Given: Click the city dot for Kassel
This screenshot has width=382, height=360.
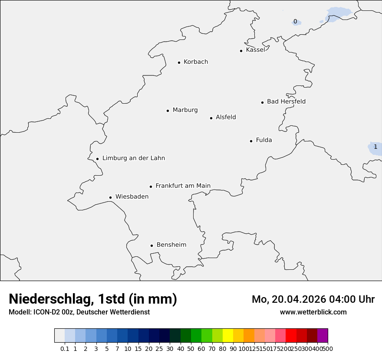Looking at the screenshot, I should (x=241, y=51).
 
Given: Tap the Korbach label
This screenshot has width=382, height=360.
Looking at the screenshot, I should (x=196, y=62).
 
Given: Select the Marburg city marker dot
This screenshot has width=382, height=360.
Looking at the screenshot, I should (x=168, y=111).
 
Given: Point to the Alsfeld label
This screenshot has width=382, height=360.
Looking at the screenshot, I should (x=226, y=117).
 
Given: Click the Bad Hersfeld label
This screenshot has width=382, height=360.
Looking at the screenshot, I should (x=286, y=101).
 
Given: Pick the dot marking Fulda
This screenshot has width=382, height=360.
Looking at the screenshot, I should (x=251, y=141).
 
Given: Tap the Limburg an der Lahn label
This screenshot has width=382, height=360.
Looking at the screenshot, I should (x=133, y=158).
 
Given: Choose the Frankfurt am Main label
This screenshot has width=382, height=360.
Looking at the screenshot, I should (x=183, y=186).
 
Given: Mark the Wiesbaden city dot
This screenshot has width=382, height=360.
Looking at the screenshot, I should (x=110, y=197).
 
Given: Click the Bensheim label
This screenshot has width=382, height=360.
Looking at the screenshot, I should (x=171, y=245).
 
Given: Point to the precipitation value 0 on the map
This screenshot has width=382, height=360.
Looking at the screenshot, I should (x=295, y=22).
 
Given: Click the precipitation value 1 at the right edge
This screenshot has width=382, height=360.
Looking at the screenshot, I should (x=375, y=147).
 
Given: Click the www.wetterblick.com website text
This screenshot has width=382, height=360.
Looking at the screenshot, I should (x=313, y=312).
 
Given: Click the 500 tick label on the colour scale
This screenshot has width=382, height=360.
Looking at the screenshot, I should (x=328, y=349).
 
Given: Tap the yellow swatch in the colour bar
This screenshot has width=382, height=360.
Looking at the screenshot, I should (x=228, y=336).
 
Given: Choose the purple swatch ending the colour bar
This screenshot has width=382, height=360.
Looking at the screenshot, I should (x=323, y=336).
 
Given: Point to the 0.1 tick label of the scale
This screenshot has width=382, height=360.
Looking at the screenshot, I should (x=65, y=349).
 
